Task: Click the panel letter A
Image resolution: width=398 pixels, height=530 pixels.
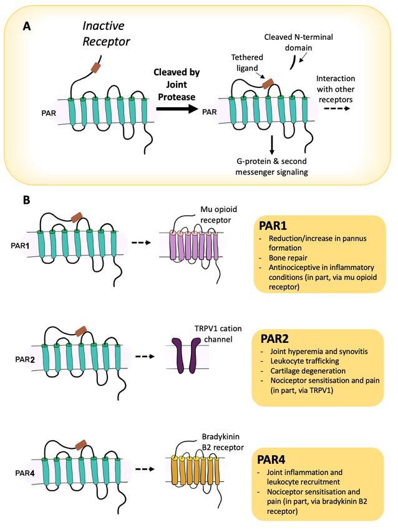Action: (x=27, y=26)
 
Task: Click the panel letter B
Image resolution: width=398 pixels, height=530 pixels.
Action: (x=26, y=200)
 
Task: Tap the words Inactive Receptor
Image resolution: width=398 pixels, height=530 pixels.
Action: (x=106, y=34)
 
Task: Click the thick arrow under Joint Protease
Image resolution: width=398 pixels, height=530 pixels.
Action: (x=177, y=108)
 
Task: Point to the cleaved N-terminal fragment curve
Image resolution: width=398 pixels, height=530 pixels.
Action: (x=293, y=63)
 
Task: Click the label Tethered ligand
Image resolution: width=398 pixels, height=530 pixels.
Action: (x=247, y=62)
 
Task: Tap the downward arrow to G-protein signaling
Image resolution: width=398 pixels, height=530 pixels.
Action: (x=271, y=145)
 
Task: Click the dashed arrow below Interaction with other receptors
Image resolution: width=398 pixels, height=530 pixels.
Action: (x=337, y=109)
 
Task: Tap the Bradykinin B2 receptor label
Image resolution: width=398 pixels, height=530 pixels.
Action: (x=223, y=442)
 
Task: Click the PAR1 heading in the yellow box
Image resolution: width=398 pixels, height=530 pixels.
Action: (x=273, y=226)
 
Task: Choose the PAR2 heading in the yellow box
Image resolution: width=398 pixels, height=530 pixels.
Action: (x=274, y=339)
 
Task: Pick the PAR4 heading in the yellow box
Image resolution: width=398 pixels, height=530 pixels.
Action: (x=271, y=460)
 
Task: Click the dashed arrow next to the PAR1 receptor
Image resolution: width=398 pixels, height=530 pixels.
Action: (x=141, y=243)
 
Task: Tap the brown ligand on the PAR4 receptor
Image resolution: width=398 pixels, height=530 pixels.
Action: (x=81, y=444)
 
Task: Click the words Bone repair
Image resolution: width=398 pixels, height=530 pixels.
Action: (x=288, y=258)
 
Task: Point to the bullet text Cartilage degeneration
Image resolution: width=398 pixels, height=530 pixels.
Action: (x=308, y=371)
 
